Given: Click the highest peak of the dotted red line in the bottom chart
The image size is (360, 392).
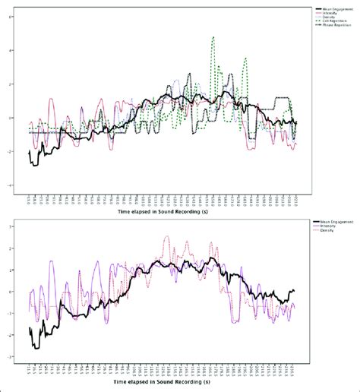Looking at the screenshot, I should (167, 237).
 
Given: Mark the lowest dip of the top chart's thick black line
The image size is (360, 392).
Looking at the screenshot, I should (33, 165).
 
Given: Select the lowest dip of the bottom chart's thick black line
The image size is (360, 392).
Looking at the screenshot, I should (34, 347).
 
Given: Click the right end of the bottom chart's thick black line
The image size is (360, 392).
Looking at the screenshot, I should (294, 290).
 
